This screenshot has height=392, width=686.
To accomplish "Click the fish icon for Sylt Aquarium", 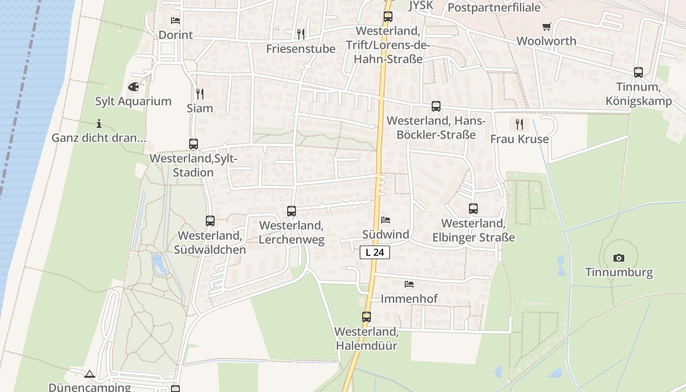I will pos(133,87).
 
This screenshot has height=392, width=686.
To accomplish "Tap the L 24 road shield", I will pos(375,252).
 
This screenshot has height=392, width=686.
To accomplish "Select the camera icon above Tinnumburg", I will pos(619,258).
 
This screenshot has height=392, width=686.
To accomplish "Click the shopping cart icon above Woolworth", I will pos(546,26).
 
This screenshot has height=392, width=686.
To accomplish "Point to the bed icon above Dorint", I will pos(175,21).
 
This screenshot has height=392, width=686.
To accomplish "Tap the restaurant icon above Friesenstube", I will pos(301,34).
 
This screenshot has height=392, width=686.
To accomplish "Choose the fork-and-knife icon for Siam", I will pos(199,94).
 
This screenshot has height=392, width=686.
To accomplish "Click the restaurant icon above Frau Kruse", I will pos(519,124).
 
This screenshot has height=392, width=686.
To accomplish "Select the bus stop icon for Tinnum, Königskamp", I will pos(638,73).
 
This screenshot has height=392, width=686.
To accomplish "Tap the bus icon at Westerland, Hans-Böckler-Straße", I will pos(436,106).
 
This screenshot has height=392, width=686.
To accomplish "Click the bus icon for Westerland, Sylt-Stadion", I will pos(194,144).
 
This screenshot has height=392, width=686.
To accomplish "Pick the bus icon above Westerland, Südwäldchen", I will pos(210,221).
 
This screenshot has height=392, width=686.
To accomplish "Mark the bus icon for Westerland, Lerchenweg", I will pos(292,211).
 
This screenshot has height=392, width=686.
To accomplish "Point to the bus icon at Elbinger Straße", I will pos(473,209).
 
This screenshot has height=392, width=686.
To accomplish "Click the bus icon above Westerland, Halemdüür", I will pos(367,317).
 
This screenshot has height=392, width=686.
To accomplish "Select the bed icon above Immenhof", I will pos(409,284).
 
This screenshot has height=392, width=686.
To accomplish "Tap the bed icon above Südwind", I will pos(386,220).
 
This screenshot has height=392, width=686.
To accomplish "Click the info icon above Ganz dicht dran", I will pos(99,123).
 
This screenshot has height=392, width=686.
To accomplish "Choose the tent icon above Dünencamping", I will pos(89,374).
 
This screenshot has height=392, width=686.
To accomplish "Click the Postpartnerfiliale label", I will pos(494,8).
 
